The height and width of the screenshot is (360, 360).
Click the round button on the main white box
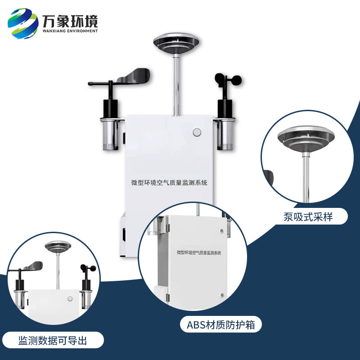[x=196, y=132]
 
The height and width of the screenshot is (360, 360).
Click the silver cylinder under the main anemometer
[x=224, y=134]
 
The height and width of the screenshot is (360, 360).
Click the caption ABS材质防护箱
[x=220, y=324]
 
